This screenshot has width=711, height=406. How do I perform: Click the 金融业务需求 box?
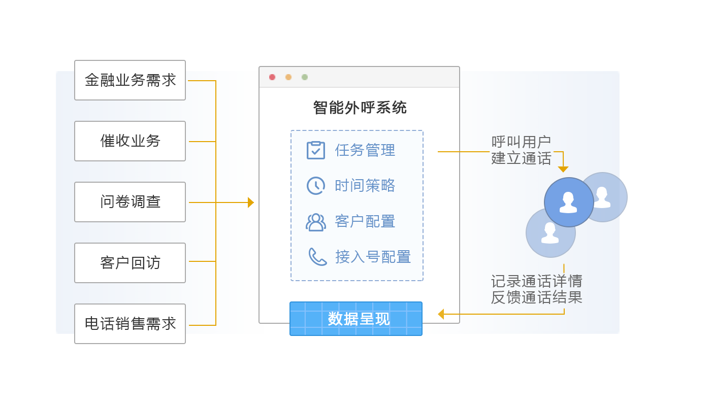click(x=130, y=80)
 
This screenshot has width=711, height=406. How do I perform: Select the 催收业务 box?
click(x=130, y=141)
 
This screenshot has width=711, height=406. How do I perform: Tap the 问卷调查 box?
click(x=130, y=202)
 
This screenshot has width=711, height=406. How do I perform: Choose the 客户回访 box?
click(x=130, y=263)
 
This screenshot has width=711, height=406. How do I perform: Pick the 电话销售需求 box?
click(x=130, y=324)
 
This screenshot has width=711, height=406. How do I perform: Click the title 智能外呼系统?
click(x=360, y=108)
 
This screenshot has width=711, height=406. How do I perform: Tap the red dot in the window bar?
click(x=272, y=77)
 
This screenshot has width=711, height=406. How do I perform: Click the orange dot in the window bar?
click(x=288, y=77)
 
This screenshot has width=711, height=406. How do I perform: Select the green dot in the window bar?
click(x=305, y=77)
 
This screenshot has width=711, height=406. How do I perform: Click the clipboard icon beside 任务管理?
click(x=316, y=150)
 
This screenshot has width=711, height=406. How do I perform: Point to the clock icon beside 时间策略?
click(x=316, y=186)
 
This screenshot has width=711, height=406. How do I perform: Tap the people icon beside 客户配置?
click(x=316, y=222)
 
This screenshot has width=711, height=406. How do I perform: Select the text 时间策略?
click(x=365, y=186)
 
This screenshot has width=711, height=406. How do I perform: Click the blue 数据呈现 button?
click(x=356, y=319)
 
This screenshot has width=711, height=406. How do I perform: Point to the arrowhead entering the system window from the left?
click(x=251, y=202)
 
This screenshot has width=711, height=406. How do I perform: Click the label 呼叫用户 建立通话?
click(x=521, y=150)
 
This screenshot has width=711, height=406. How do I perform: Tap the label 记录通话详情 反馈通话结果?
click(x=536, y=289)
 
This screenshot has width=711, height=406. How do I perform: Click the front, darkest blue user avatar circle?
click(x=569, y=202)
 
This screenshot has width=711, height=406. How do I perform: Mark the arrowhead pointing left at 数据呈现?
click(x=441, y=314)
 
